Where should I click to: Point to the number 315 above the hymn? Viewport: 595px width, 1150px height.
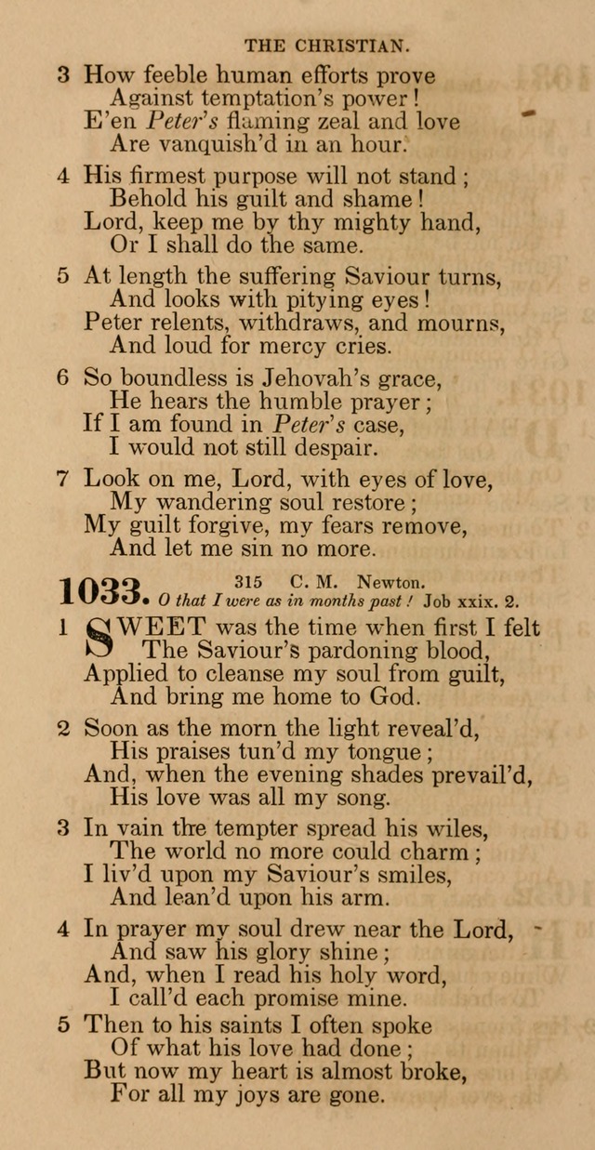pos(248,582)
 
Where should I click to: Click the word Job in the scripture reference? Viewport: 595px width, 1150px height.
pos(435,601)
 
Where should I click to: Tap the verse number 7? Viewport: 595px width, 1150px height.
pos(62,479)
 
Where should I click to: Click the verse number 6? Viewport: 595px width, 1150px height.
pos(62,378)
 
